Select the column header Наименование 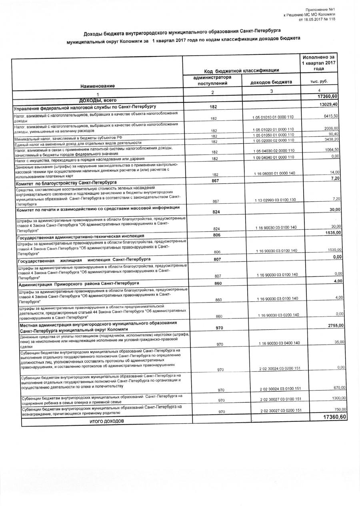tap(97, 86)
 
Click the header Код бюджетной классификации tap(241, 70)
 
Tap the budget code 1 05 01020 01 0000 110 tap(273, 129)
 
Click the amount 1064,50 tap(331, 149)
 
